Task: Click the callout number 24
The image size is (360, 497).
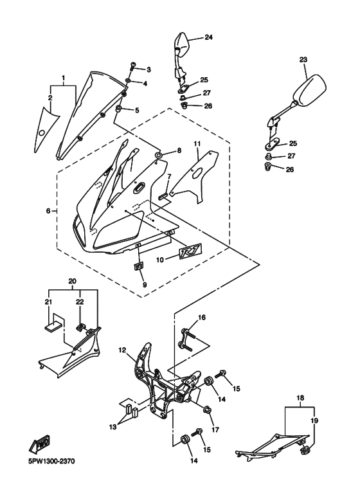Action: coord(208,37)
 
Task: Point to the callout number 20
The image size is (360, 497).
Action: coord(73,281)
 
